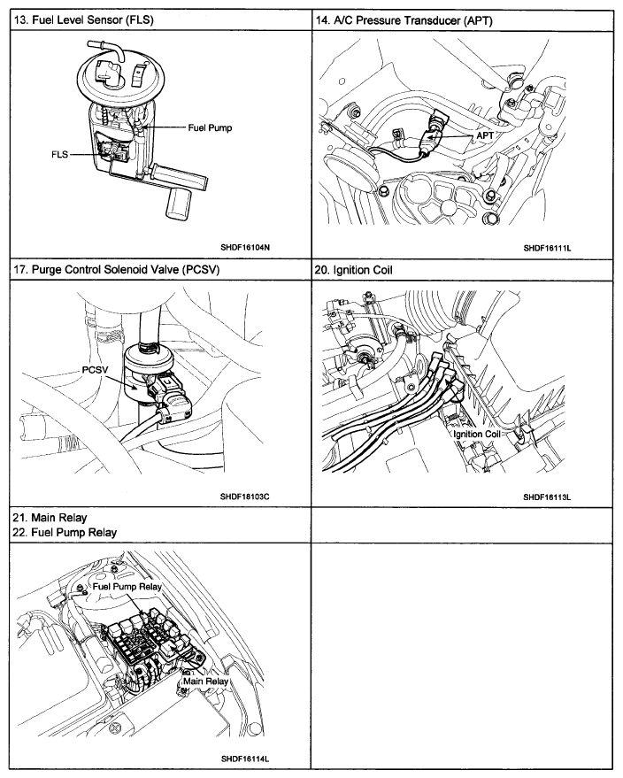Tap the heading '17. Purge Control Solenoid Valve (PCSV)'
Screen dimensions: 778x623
click(x=114, y=268)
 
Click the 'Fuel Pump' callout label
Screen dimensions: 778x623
click(x=209, y=127)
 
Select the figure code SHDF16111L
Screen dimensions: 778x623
click(x=547, y=248)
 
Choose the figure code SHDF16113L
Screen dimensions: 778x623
click(x=547, y=497)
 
